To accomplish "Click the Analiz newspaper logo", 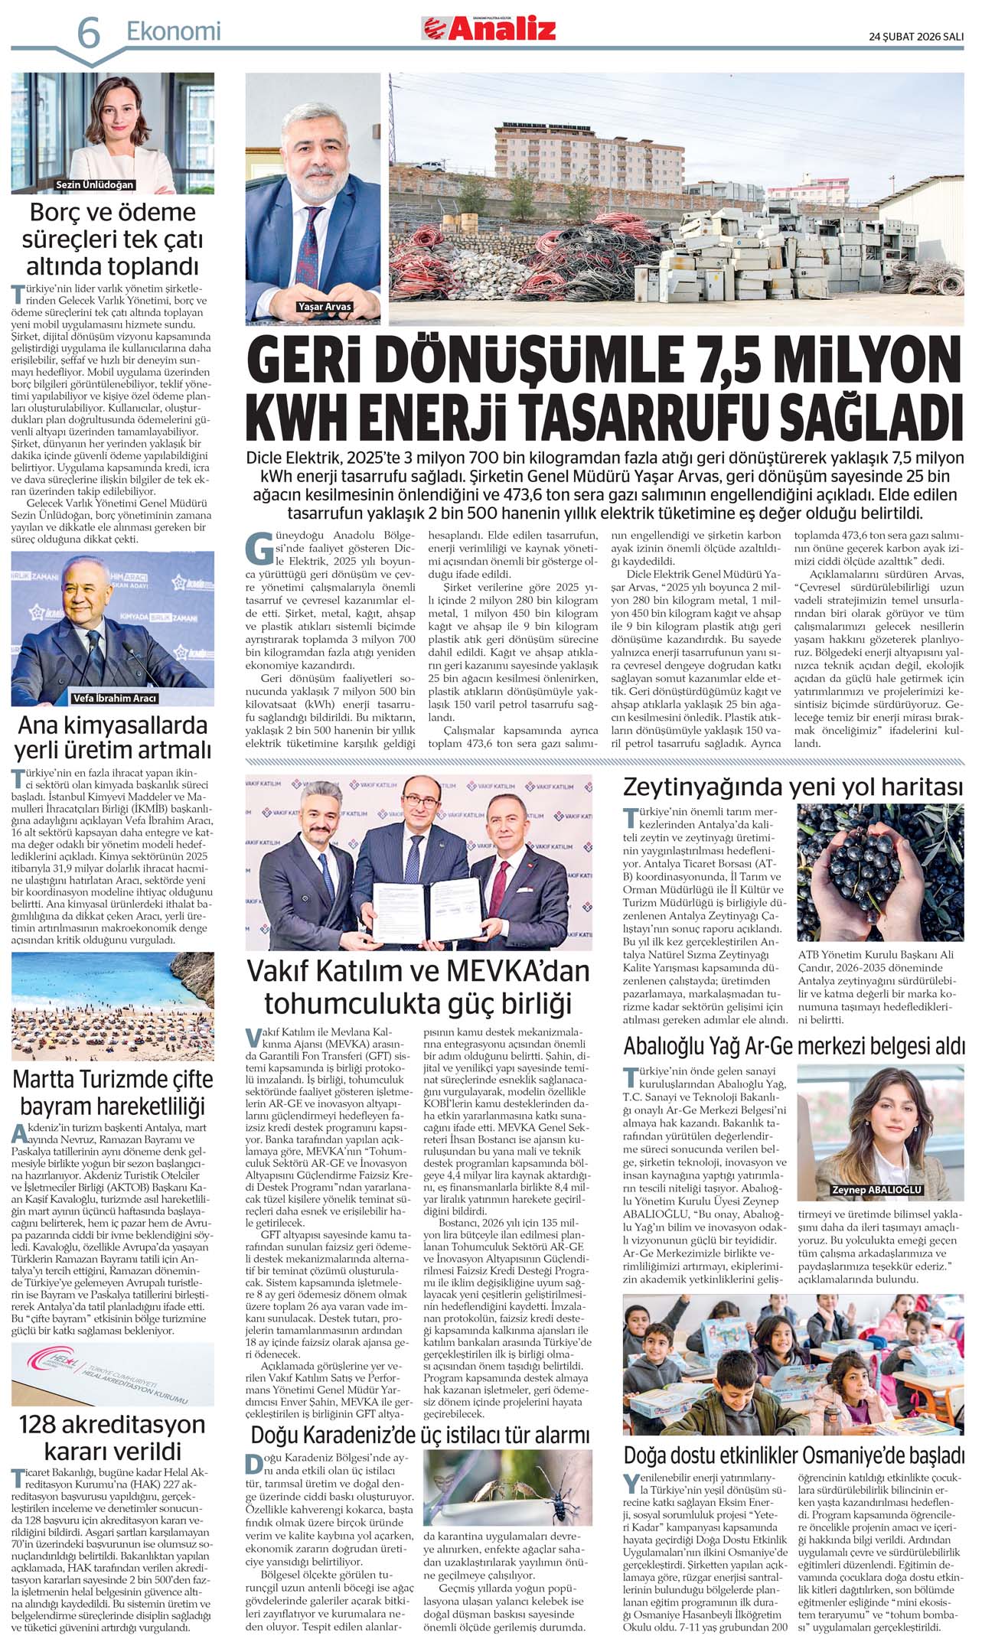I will pos(489,29).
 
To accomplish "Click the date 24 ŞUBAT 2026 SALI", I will pos(915,36).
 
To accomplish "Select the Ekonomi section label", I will pos(173,31).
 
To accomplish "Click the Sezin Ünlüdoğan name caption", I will pos(95,185).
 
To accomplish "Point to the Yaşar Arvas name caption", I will pos(325,307).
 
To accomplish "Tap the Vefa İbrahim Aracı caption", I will pos(114,698).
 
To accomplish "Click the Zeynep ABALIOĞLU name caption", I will pos(877,1190).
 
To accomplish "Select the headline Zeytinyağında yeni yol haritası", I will pos(793,787).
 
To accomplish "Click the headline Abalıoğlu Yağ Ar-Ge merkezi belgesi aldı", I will pos(794,1046).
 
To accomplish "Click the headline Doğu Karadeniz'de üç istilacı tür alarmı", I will pos(420,1434).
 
